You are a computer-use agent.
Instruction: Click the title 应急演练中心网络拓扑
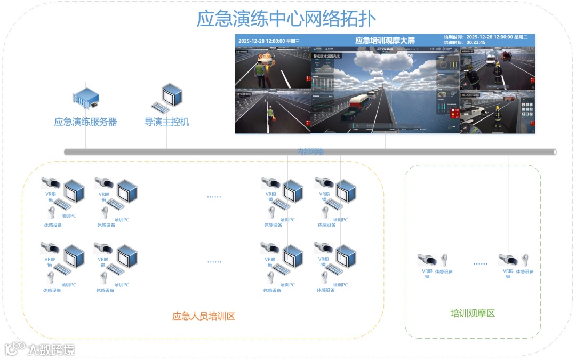coord(286,19)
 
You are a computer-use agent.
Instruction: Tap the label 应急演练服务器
coord(85,122)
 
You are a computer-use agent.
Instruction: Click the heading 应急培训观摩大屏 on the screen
coord(385,41)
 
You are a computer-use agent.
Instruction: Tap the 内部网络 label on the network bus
coord(310,151)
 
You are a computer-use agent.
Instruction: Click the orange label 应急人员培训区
coord(203,316)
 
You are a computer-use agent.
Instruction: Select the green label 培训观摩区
coord(473,313)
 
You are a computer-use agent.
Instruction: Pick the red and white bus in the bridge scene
coord(361,101)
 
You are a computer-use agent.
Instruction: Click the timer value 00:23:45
coord(476,43)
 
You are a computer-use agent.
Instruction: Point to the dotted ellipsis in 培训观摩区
coord(480,263)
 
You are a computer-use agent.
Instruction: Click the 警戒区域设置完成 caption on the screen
coord(326,55)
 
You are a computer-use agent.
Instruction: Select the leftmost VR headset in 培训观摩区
coord(427,260)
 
